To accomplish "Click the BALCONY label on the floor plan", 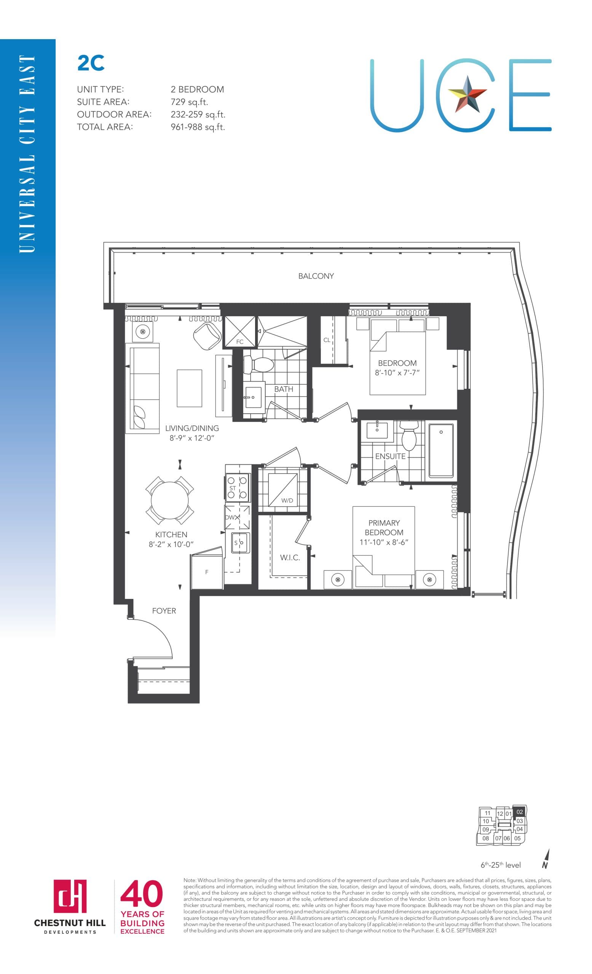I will click(316, 276).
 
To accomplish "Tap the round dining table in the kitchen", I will click(170, 500).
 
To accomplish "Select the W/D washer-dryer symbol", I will click(282, 489).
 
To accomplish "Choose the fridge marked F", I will click(206, 571).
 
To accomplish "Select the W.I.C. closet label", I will click(290, 557).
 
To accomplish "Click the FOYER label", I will click(164, 611).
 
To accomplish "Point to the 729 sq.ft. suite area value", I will click(189, 102).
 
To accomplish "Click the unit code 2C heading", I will click(91, 63).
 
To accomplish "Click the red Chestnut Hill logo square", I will click(70, 896).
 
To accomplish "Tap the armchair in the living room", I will click(207, 336).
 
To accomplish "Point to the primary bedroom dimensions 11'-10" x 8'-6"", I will click(384, 542).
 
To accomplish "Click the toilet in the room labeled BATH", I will click(258, 364).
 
